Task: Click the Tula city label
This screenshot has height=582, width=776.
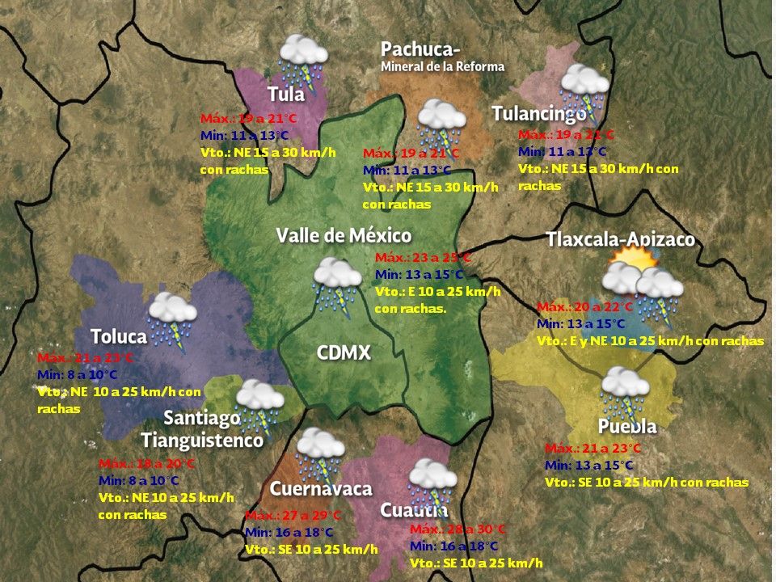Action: [x=286, y=94]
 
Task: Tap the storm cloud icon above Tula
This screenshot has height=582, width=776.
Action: [x=302, y=57]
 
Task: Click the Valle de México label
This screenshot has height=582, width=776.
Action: [x=344, y=235]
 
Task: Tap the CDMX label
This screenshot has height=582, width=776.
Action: [x=344, y=352]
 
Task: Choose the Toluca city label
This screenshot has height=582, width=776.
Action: [x=119, y=336]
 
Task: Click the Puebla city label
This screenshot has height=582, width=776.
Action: [x=627, y=426]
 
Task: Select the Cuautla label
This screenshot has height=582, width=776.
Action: [x=414, y=510]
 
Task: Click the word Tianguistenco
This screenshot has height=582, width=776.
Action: [x=202, y=441]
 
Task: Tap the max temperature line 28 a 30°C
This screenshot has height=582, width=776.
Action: [x=458, y=529]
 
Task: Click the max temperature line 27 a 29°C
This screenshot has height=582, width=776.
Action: [x=293, y=516]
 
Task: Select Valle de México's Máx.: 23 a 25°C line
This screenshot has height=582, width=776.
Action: [x=423, y=258]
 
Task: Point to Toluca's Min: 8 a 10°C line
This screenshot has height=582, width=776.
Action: [x=78, y=374]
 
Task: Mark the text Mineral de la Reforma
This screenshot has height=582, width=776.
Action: [x=442, y=66]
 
